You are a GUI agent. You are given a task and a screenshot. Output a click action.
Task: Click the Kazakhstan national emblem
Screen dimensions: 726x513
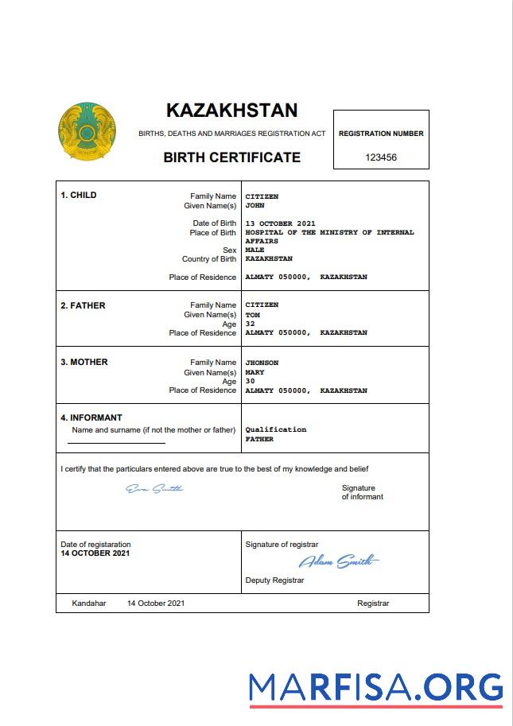pos(87,131)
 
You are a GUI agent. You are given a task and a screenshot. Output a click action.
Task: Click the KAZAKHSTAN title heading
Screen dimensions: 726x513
pos(231,111)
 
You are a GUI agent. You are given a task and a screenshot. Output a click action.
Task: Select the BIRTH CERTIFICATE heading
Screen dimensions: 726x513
pos(231,157)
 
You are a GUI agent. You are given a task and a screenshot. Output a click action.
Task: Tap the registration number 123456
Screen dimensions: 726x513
pos(381,157)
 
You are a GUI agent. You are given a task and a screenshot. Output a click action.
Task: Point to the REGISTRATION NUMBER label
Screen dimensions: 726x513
pos(381,134)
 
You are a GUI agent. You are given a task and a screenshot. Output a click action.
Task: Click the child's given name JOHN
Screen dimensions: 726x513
pos(254,205)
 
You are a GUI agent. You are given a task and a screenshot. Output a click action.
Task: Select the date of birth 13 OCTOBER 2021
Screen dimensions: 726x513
pos(280,223)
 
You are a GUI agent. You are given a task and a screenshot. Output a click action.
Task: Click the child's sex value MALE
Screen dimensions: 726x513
pos(255,250)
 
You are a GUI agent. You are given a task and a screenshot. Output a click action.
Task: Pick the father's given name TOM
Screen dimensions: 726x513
pos(252,315)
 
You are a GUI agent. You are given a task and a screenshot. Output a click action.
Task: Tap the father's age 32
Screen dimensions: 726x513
pos(250,324)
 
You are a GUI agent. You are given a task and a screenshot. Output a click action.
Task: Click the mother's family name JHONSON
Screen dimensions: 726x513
pos(262,363)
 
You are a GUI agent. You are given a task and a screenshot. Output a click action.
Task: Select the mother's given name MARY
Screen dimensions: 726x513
pos(255,372)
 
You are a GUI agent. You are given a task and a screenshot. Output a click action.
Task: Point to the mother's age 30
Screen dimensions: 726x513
pos(250,381)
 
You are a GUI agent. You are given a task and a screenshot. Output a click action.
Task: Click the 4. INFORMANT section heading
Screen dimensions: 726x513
pos(91,417)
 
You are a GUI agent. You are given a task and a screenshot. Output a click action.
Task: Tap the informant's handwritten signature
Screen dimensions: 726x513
pos(154,488)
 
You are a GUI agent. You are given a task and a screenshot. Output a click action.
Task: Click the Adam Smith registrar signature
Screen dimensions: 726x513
pos(339,562)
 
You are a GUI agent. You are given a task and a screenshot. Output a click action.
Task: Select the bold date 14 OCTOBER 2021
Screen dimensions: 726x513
pos(95,553)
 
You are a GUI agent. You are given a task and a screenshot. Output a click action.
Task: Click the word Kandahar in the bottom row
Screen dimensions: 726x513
pos(88,604)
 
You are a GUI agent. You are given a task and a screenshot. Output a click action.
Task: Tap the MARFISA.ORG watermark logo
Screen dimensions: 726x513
pos(375,688)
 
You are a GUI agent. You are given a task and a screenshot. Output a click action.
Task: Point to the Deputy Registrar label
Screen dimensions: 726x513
pos(274,580)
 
